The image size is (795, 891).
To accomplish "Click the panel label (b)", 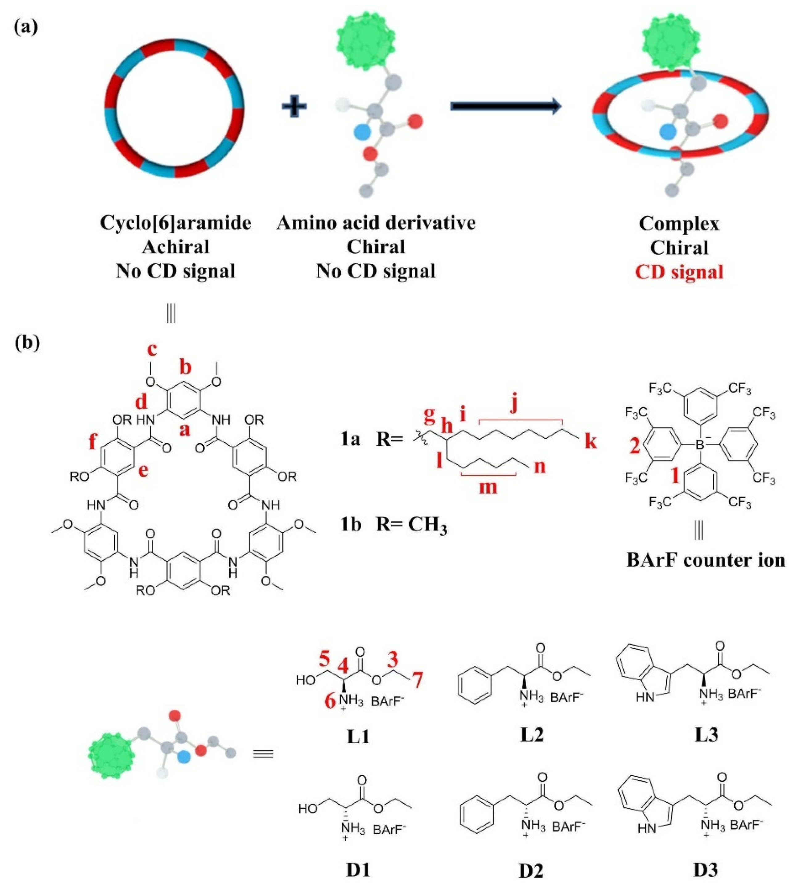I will tap(27, 342).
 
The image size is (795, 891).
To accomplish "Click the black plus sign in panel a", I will tap(294, 106).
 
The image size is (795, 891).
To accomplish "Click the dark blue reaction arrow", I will tap(505, 106).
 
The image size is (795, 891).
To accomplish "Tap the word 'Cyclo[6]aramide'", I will tap(175, 223).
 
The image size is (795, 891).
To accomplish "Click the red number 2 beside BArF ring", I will tap(635, 447).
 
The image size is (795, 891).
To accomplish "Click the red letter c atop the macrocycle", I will tap(152, 349).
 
